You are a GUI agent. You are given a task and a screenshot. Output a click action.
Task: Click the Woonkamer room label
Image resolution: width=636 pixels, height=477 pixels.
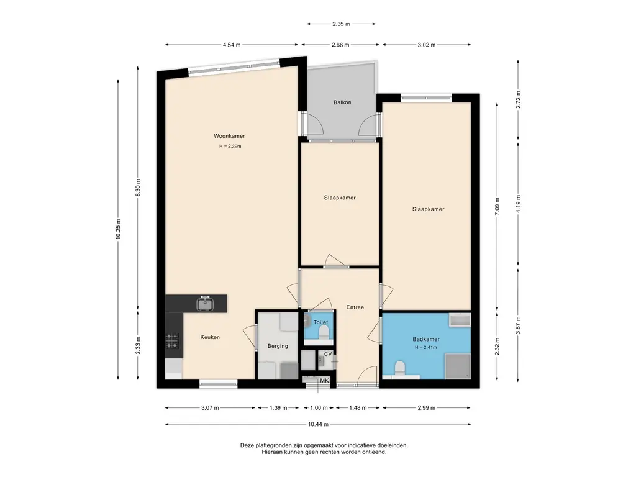tap(229, 136)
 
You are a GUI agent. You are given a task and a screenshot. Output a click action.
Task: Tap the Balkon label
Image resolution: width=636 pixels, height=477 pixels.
tap(342, 102)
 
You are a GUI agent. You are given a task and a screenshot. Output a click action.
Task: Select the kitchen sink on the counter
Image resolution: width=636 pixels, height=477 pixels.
tap(206, 303)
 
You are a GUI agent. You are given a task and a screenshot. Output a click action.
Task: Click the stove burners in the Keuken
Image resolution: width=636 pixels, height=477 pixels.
tap(172, 340)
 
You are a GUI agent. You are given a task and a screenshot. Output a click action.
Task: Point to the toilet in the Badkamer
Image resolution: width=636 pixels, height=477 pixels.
tap(400, 369)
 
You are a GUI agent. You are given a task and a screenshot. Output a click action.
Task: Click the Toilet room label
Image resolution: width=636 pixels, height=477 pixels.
tap(320, 322)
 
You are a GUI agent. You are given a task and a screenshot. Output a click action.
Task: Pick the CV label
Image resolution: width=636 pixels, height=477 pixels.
tap(328, 354)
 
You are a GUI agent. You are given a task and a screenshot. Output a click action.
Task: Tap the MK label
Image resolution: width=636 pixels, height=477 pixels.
tap(324, 381)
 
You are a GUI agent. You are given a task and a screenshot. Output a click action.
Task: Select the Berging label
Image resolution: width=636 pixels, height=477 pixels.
tap(278, 346)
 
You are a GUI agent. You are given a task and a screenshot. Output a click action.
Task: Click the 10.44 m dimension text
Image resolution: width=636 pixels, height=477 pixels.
tap(318, 424)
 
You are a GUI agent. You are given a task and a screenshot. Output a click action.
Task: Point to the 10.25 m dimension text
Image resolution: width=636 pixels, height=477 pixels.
tap(119, 229)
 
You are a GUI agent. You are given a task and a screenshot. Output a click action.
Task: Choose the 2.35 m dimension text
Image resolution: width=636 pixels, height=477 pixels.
tap(341, 24)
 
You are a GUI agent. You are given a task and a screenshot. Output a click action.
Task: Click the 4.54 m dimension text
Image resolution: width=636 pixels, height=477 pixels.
tap(232, 45)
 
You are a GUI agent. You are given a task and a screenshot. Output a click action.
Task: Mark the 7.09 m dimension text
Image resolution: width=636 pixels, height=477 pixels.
tap(497, 206)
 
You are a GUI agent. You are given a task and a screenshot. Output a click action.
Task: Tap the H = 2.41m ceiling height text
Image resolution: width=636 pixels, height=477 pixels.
tap(426, 348)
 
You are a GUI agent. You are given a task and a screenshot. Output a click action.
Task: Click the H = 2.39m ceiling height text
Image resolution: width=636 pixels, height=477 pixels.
tap(230, 147)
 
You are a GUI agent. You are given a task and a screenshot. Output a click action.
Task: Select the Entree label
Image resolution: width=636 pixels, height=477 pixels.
tap(355, 307)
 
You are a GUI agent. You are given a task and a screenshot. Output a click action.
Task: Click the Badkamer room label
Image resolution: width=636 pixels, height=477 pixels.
tap(426, 339)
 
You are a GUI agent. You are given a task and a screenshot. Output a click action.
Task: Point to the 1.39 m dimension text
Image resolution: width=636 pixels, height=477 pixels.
tap(278, 408)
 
